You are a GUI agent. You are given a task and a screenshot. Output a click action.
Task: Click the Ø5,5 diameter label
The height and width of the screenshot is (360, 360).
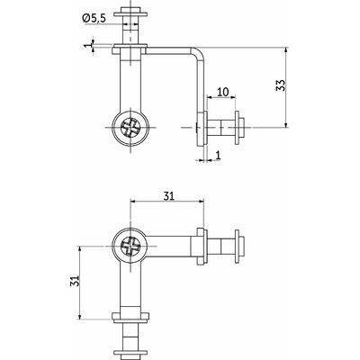[x=94, y=18]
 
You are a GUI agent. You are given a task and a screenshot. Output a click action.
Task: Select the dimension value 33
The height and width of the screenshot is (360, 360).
[x=281, y=85]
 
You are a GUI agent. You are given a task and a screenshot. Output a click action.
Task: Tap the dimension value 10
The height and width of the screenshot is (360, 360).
[x=222, y=92]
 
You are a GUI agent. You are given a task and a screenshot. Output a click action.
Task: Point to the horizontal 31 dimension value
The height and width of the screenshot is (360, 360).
[x=168, y=196]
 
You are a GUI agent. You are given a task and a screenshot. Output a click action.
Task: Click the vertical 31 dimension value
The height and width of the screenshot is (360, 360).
[x=75, y=281]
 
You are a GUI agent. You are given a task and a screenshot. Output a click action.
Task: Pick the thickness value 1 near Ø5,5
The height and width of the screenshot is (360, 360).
[x=87, y=45]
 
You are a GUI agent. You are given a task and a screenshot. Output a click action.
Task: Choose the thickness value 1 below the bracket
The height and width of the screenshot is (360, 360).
[x=218, y=155]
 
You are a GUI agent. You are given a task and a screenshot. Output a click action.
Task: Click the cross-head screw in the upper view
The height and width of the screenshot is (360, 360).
[x=130, y=128]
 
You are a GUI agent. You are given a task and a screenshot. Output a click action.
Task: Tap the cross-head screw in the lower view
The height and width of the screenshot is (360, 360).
[x=130, y=247]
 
